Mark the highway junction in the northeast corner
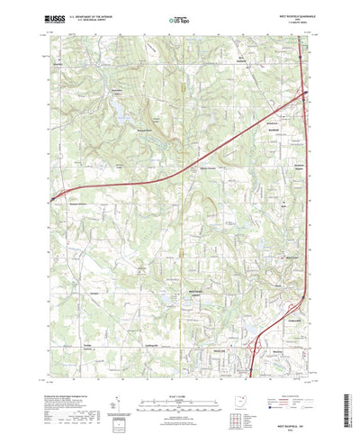pyautogui.click(x=304, y=93)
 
